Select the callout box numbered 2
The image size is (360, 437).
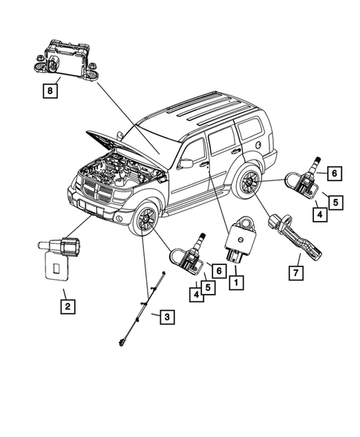point(67,304)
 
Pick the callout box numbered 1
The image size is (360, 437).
point(236,283)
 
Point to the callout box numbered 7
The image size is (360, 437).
point(295,272)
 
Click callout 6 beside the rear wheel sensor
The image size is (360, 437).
point(334,174)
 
